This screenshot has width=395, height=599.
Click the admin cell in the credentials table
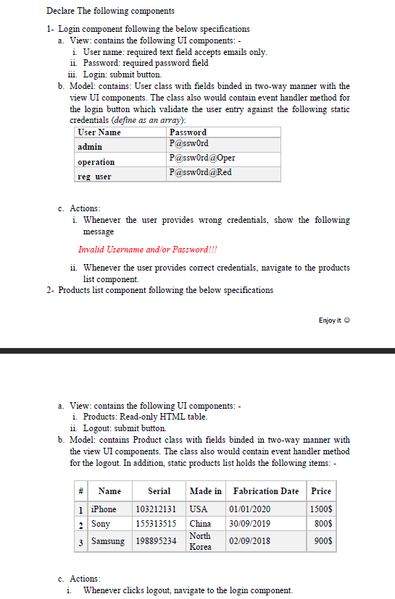tap(90, 147)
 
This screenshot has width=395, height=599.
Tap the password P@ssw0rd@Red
tap(200, 172)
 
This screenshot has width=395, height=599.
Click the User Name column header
tap(99, 132)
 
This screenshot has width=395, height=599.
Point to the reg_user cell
tap(94, 177)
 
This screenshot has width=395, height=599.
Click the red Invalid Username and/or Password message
tap(148, 250)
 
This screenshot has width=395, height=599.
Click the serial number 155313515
tap(156, 523)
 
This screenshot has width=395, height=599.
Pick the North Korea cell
tap(200, 541)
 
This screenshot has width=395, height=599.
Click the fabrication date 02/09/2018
tap(249, 541)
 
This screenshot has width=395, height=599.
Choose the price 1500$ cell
tap(321, 509)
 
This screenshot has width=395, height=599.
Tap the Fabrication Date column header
tap(265, 491)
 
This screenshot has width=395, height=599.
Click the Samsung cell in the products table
tap(107, 541)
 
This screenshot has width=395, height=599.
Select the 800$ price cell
tap(324, 523)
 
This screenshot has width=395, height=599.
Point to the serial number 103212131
tap(156, 509)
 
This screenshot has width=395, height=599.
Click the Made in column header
tap(206, 491)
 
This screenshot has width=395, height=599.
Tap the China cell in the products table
tap(200, 523)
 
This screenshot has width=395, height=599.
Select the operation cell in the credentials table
tap(96, 162)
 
